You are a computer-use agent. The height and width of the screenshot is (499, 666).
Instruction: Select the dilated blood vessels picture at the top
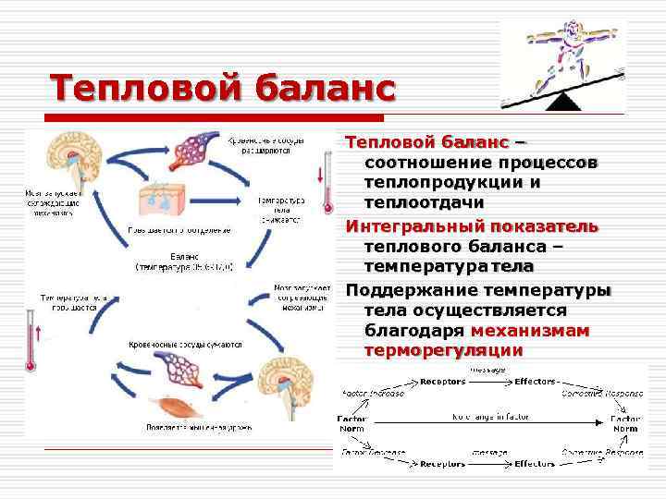(x=200, y=147)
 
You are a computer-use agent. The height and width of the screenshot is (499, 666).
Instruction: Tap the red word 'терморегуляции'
(x=444, y=351)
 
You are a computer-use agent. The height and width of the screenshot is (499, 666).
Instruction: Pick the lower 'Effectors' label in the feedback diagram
(x=534, y=463)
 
